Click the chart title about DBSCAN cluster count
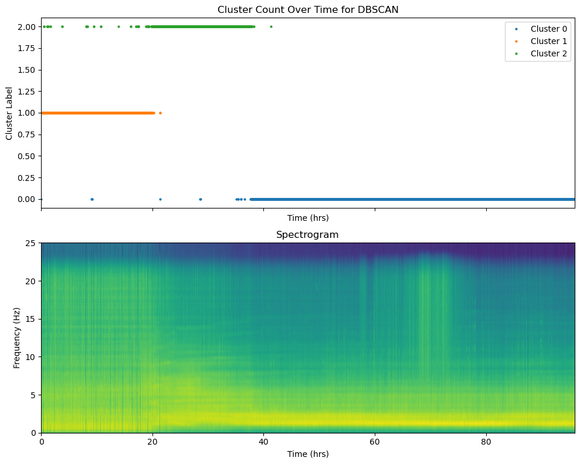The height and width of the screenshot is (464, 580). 308,9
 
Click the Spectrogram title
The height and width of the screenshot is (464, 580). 307,234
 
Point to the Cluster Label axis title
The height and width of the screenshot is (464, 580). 9,113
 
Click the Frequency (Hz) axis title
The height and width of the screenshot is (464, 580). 16,338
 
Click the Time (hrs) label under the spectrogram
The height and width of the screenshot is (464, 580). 308,454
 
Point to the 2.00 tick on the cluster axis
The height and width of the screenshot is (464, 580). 26,26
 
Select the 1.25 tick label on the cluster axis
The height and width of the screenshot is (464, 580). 26,92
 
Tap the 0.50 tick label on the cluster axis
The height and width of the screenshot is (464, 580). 26,156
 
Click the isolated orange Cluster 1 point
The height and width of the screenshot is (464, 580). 160,113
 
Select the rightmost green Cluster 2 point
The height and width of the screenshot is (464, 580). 271,26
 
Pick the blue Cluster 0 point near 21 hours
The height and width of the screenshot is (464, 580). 160,199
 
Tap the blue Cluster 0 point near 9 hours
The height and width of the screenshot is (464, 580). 92,199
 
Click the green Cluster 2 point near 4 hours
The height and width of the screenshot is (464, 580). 62,26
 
